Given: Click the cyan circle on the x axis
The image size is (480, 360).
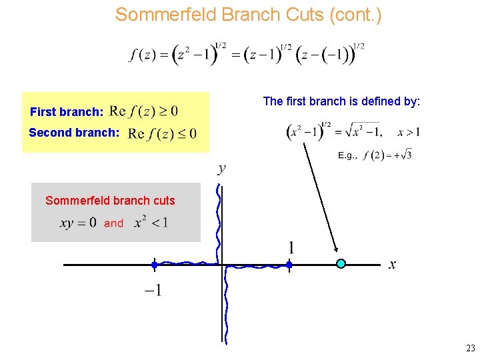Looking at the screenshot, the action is [341, 264].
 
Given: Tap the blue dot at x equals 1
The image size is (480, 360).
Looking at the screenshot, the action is [289, 265].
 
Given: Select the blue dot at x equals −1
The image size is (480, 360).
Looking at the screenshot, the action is [154, 265].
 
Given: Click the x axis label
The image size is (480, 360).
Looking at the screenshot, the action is [392, 265].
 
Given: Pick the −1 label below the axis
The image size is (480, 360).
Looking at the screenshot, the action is [153, 290].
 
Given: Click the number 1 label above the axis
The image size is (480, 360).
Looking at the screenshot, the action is [291, 248].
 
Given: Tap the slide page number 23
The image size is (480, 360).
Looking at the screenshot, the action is [470, 348].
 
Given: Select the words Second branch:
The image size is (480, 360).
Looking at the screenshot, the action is [74, 133].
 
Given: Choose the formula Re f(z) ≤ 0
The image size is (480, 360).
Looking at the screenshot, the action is [162, 133].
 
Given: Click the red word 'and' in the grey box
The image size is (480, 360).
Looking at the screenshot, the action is [113, 223].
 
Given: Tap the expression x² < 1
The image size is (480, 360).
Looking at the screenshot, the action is [151, 222].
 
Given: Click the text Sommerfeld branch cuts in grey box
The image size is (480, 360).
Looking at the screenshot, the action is [110, 201].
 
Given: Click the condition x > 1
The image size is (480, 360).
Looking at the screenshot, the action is [408, 132].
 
